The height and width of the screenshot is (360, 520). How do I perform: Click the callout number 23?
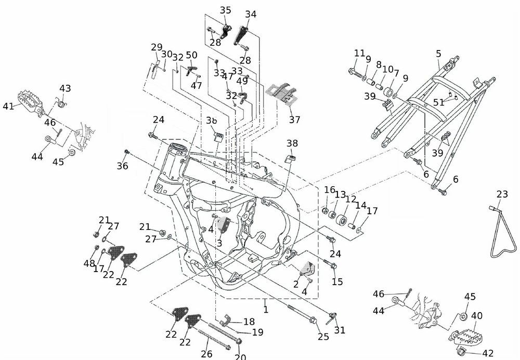pyautogui.click(x=502, y=195)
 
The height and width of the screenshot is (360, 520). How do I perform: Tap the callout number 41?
pyautogui.click(x=8, y=107)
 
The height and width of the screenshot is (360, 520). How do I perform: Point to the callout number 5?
pyautogui.click(x=438, y=54)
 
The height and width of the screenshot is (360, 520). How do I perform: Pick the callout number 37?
pyautogui.click(x=295, y=120)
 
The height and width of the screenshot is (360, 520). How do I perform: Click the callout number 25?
pyautogui.click(x=323, y=337)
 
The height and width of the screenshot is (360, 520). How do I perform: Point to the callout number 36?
pyautogui.click(x=122, y=166)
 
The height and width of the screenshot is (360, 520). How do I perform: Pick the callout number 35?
pyautogui.click(x=226, y=10)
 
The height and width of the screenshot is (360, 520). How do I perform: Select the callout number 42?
pyautogui.click(x=488, y=353)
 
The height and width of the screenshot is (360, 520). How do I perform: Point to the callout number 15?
pyautogui.click(x=337, y=281)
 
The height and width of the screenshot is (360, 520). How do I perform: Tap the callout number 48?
pyautogui.click(x=89, y=263)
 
